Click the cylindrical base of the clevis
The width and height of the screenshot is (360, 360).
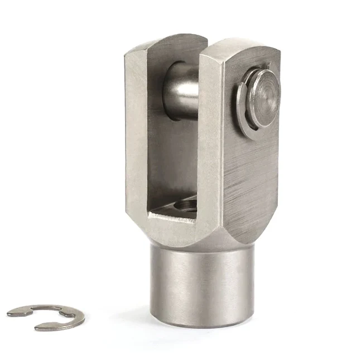[201, 285]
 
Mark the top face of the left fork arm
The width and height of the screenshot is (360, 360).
[165, 44]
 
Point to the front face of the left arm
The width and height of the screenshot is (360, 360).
[136, 140]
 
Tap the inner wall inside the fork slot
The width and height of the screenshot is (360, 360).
[167, 156]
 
